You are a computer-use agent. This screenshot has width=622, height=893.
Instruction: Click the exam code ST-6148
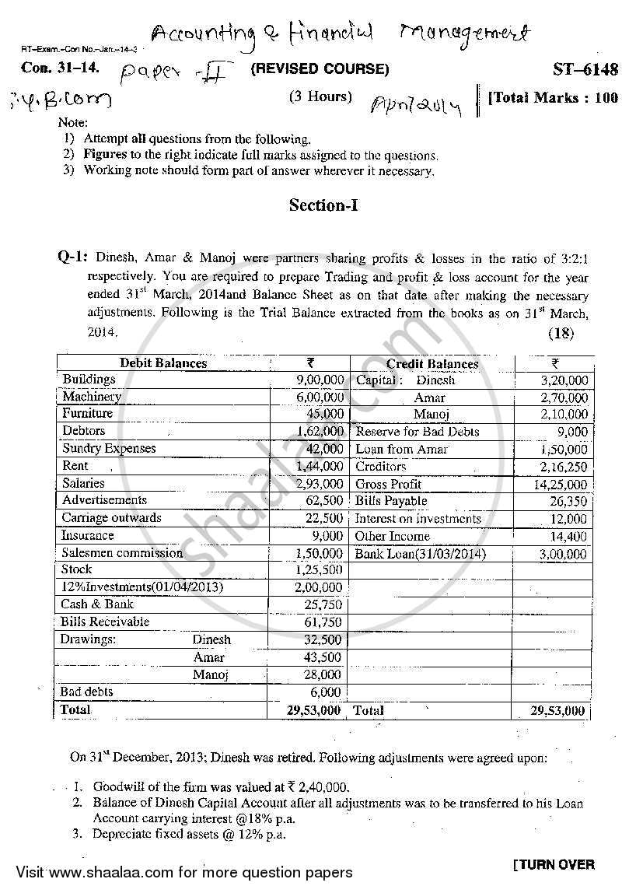point(585,69)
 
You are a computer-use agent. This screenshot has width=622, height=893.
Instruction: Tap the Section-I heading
point(323,205)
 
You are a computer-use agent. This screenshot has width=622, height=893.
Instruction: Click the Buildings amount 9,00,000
point(320,380)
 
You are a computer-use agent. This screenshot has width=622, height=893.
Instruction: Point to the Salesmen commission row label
point(122,553)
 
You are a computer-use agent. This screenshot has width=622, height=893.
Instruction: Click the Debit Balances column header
point(163,363)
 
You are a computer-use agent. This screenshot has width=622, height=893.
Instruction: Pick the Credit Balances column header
point(432,363)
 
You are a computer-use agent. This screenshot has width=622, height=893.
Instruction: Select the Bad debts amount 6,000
point(326,692)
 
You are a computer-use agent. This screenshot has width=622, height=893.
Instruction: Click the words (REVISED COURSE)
point(319,69)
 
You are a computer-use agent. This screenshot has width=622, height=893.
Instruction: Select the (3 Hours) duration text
point(320,97)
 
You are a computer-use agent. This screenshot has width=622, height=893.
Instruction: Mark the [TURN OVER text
point(554,864)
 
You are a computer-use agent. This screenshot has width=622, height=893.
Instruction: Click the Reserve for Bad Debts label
point(417,432)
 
